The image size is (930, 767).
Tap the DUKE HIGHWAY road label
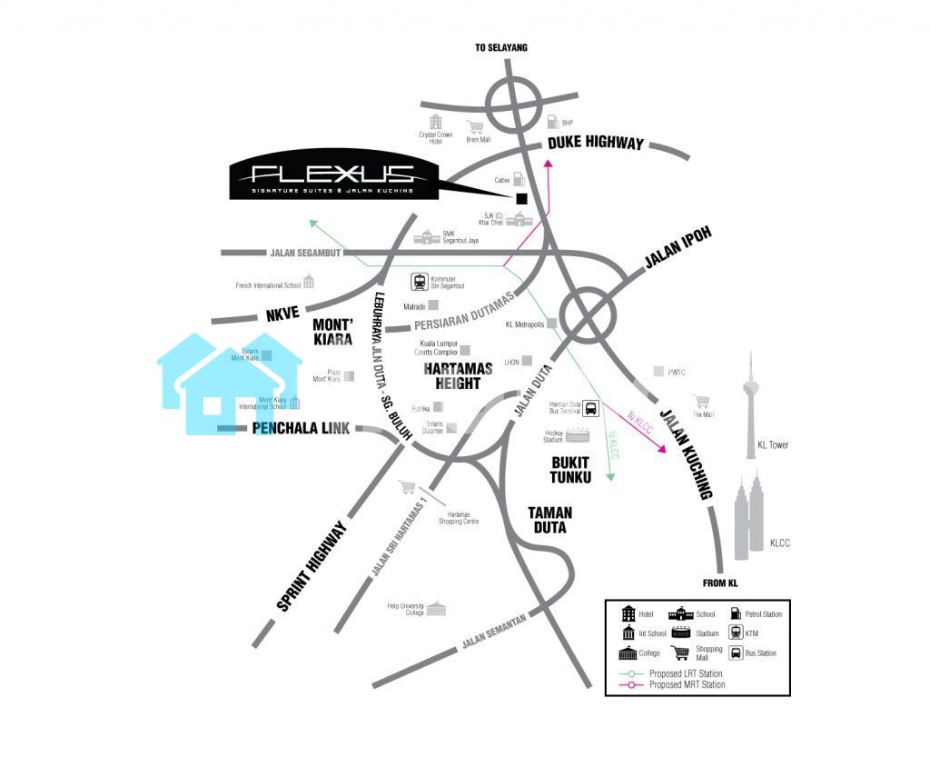pyautogui.click(x=596, y=143)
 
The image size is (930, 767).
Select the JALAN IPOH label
pyautogui.click(x=678, y=248)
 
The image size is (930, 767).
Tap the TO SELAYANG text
pyautogui.click(x=500, y=47)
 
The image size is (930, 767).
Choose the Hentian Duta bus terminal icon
pyautogui.click(x=590, y=409)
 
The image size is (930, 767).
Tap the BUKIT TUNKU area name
pyautogui.click(x=571, y=469)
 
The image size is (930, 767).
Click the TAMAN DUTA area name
pyautogui.click(x=549, y=520)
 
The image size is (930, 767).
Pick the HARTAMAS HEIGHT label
pyautogui.click(x=458, y=376)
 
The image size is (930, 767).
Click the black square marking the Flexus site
pyautogui.click(x=521, y=198)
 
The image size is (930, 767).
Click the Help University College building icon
pyautogui.click(x=437, y=608)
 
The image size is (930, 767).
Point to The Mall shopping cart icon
pyautogui.click(x=700, y=401)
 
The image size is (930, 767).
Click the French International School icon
pyautogui.click(x=309, y=282)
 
